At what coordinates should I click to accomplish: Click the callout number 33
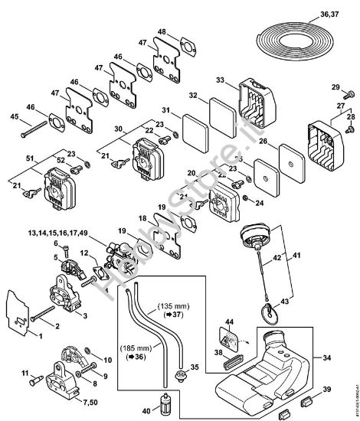click(220, 80)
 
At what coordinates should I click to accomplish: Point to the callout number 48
click(161, 31)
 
